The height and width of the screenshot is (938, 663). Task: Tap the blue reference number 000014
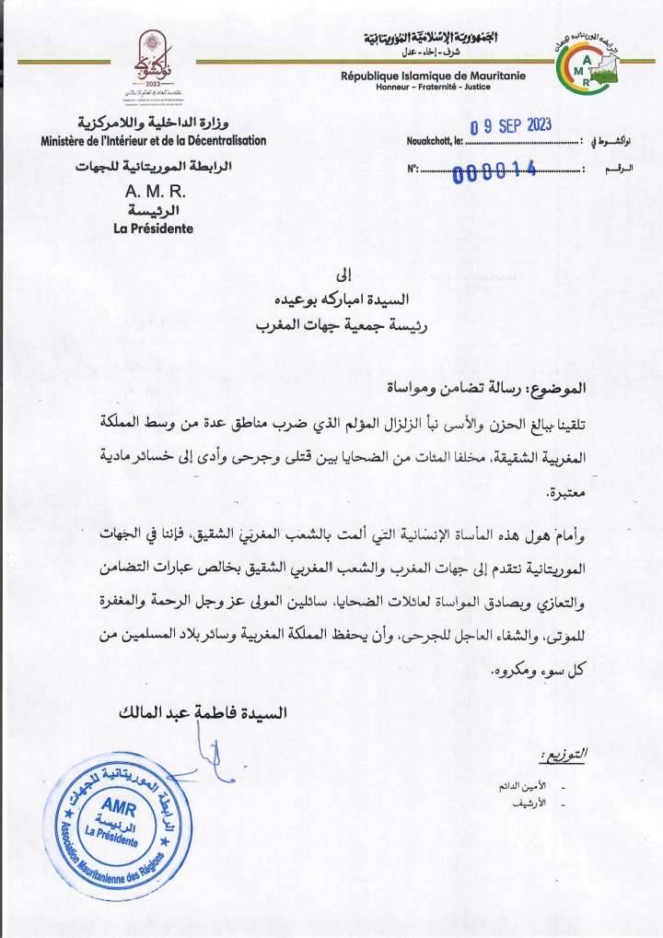pos(494,171)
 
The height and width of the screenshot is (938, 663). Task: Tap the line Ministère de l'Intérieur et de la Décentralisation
pos(153,141)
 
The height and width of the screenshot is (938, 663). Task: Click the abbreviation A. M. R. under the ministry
pos(154,193)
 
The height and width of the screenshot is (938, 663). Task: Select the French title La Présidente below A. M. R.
pos(153,228)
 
